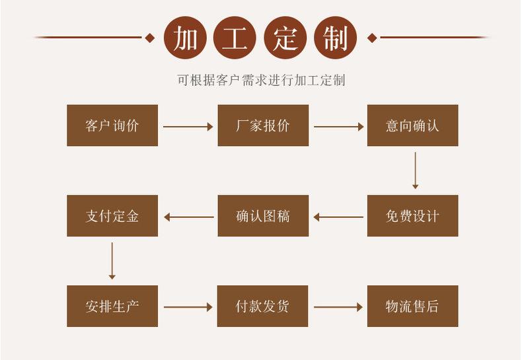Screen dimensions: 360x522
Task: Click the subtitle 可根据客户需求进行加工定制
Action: click(x=261, y=81)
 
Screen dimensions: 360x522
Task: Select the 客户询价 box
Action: click(x=112, y=126)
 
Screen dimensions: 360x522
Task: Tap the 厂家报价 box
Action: click(x=263, y=126)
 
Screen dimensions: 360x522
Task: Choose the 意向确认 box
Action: click(x=412, y=126)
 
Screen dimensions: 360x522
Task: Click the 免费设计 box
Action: click(x=412, y=216)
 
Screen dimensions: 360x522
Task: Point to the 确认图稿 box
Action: click(x=263, y=216)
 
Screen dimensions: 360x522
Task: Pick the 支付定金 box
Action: click(x=112, y=216)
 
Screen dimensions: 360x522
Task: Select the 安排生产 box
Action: click(x=112, y=306)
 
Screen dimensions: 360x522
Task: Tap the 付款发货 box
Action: click(x=263, y=306)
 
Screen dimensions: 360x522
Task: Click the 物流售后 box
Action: click(x=412, y=306)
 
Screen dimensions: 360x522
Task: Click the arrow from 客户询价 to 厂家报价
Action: click(x=188, y=126)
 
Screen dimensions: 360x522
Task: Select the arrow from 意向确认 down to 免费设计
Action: click(x=415, y=170)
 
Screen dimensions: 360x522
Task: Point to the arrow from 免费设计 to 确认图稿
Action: click(x=338, y=217)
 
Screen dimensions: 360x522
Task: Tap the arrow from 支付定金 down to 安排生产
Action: click(x=112, y=261)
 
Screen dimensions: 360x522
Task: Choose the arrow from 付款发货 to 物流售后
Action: click(x=338, y=307)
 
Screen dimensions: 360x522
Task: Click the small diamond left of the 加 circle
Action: click(x=150, y=38)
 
